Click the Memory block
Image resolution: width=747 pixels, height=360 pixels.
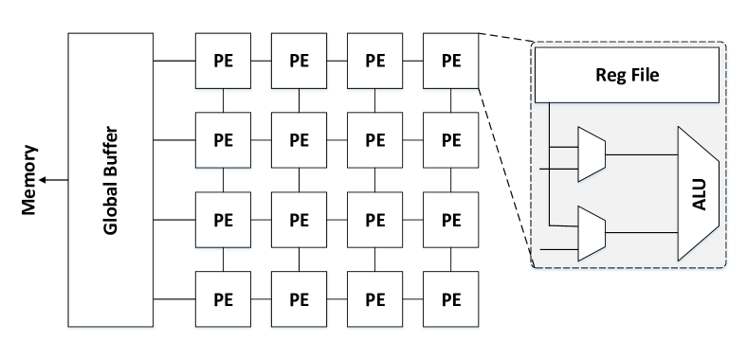click(x=30, y=179)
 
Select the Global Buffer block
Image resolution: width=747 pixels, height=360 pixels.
click(x=110, y=181)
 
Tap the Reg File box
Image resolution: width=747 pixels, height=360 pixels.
click(x=627, y=75)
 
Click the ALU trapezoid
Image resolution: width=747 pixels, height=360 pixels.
click(x=698, y=194)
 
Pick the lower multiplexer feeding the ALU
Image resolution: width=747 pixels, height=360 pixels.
click(x=591, y=231)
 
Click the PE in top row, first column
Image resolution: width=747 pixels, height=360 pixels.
click(x=224, y=62)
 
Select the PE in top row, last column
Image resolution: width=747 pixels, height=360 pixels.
click(x=450, y=62)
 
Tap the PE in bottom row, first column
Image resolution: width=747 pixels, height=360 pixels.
click(x=224, y=299)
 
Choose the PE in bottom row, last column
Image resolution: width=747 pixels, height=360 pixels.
click(x=450, y=299)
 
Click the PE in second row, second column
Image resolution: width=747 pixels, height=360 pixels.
click(x=300, y=140)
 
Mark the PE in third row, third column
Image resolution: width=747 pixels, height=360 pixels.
click(x=375, y=220)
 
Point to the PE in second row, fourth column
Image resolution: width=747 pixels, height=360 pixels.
click(x=450, y=140)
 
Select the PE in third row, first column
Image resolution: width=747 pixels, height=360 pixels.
click(x=224, y=220)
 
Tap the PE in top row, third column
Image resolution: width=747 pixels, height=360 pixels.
click(x=375, y=62)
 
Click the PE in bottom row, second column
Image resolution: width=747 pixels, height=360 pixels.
click(x=300, y=299)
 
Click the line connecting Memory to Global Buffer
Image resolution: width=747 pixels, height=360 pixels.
click(x=53, y=179)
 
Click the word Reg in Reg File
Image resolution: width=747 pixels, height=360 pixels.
click(x=609, y=75)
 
